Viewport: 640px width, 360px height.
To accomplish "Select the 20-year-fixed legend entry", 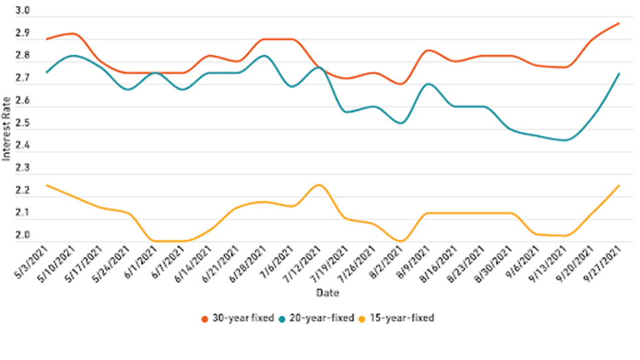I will coord(322,318).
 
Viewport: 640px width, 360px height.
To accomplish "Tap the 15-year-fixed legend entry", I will coord(401,318).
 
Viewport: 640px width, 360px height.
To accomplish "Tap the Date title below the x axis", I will coord(327,293).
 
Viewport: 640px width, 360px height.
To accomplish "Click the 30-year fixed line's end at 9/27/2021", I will coord(619,23).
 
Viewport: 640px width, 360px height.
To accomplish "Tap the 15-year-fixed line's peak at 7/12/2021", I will coord(318,185).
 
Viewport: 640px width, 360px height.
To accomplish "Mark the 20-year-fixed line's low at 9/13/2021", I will coord(564,140).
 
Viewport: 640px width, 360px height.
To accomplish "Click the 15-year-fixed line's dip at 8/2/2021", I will coord(401,241).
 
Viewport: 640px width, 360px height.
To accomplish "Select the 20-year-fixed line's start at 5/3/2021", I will coord(45,73).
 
